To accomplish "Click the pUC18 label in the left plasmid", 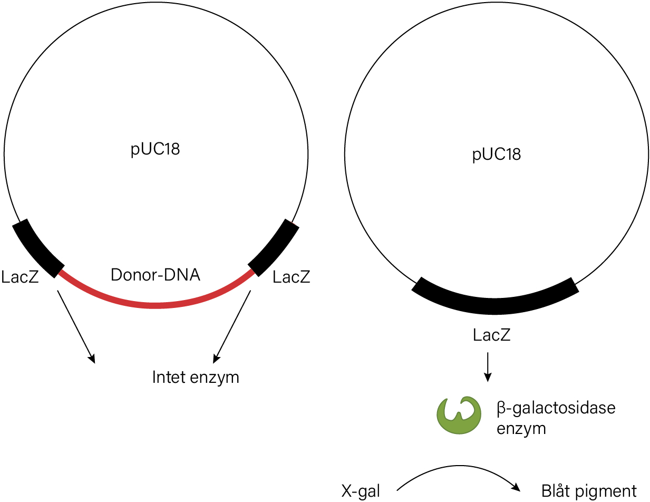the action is coord(155,149).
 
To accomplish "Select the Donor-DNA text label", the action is coord(155,275).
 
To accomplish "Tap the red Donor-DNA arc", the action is coord(156,305).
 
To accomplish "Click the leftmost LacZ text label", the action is coord(20,277).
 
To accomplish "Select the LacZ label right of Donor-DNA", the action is coord(292,277).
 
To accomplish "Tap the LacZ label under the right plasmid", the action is coord(491,335).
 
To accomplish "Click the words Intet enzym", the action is coord(196,378).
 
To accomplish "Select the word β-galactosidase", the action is coord(556,408).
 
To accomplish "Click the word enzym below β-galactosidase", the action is coord(521,429).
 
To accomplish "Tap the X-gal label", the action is coord(361,491).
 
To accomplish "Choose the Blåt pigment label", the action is coord(589,491).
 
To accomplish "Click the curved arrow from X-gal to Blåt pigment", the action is coord(459,466).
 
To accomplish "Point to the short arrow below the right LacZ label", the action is coord(488,367).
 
